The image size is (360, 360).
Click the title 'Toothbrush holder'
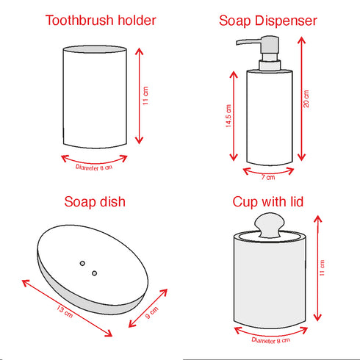tap(101, 21)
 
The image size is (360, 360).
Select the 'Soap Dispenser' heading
tap(268, 21)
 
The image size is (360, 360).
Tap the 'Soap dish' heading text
tap(95, 201)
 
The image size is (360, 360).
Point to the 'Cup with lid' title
tap(268, 201)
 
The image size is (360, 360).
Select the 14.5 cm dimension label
tap(228, 117)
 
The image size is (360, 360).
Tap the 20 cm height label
tap(306, 99)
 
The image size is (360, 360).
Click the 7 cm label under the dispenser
tap(269, 176)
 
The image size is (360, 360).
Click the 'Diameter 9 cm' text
tap(270, 340)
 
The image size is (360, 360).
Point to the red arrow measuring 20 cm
tap(298, 99)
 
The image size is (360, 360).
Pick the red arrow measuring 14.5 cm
tap(235, 118)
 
